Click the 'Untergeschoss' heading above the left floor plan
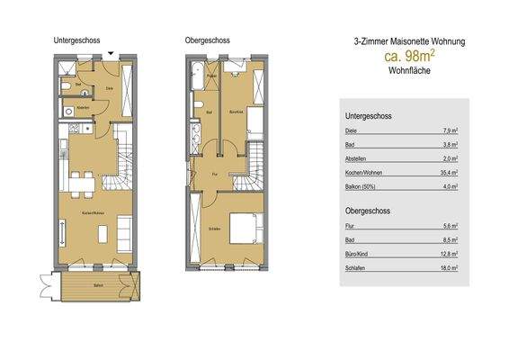(x=76, y=40)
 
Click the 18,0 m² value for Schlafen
(x=451, y=267)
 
